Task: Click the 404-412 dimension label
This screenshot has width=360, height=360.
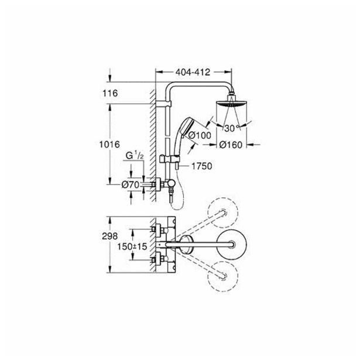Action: coord(193,73)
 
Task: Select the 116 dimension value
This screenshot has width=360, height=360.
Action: coord(110,93)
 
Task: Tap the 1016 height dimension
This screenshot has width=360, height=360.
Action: coord(109,145)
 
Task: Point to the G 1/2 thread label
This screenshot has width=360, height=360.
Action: coord(135,156)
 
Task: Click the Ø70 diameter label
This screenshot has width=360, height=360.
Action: coord(131,184)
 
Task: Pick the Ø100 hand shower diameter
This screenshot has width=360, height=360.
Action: coord(200,135)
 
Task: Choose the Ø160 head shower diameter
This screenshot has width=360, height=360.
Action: coord(231,145)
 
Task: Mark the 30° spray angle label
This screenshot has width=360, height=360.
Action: coord(232,128)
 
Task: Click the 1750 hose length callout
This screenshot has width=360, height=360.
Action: coord(202,166)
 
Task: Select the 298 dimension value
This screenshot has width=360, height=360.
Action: coord(110,236)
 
